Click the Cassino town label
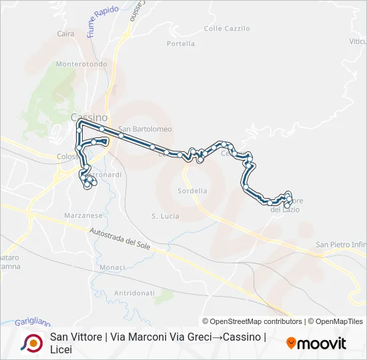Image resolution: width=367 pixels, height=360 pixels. coord(89,117)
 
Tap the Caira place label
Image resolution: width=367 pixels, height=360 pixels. coord(65,33)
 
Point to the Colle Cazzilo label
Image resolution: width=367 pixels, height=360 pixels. coord(227,29)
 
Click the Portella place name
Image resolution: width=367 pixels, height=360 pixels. coord(181,44)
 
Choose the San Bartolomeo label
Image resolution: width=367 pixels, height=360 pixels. coord(145,129)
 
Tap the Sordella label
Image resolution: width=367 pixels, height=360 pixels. coord(192,191)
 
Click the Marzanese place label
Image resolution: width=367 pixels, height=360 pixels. coord(83,215)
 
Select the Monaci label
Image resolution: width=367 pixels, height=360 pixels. coord(112,267)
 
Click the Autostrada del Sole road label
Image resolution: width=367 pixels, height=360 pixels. coord(125,241)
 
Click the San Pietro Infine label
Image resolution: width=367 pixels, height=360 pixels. coord(341,245)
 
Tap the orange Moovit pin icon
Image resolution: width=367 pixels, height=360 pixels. coord(291,343)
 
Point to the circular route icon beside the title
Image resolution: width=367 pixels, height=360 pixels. coord(31,343)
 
